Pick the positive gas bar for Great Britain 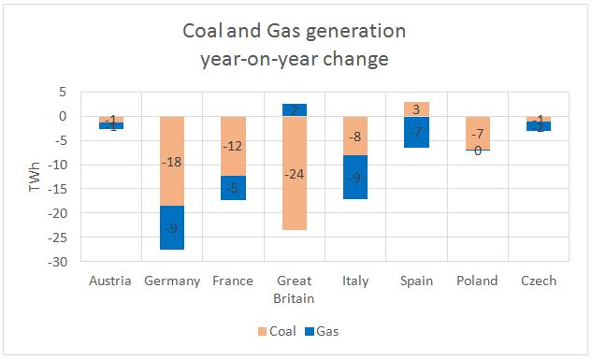tap(295, 109)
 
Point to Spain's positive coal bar tap(417, 108)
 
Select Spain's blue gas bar tap(417, 132)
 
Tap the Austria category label tap(111, 281)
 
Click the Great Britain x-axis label tap(295, 289)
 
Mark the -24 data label tap(295, 175)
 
